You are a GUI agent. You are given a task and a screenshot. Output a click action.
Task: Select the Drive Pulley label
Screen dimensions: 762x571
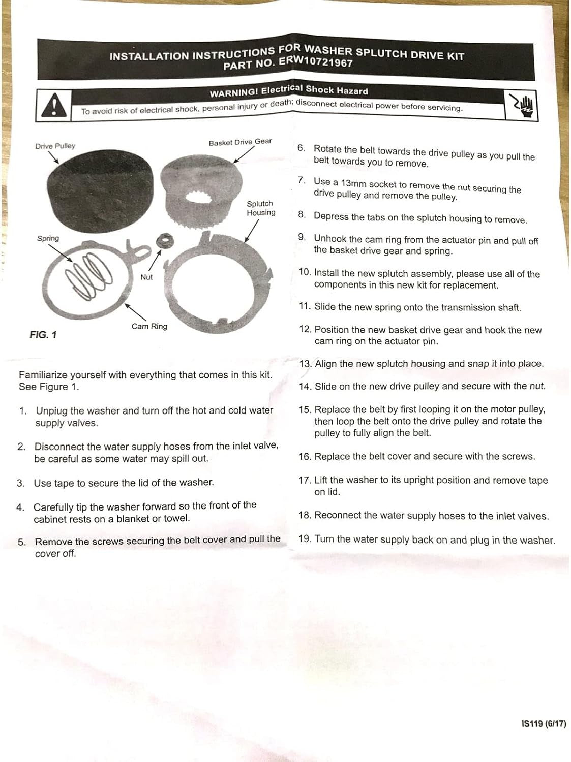(x=55, y=146)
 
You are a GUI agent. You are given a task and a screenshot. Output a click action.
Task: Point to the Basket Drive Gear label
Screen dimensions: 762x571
(x=240, y=142)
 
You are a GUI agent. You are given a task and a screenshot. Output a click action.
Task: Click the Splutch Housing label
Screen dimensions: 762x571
(x=261, y=208)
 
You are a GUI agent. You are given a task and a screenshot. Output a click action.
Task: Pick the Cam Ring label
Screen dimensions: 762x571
(x=149, y=326)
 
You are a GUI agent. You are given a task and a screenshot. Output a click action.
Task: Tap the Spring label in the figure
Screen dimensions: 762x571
(x=48, y=238)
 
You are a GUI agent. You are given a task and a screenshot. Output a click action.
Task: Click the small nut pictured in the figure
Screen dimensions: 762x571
(x=163, y=241)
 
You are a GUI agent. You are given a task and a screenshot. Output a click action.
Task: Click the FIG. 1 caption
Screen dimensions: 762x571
(x=43, y=335)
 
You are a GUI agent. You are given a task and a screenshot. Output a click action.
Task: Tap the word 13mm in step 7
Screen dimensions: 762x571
(x=352, y=184)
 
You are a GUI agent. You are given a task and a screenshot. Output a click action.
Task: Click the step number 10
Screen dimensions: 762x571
(x=305, y=272)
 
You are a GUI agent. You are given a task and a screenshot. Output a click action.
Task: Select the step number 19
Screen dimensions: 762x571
(x=305, y=539)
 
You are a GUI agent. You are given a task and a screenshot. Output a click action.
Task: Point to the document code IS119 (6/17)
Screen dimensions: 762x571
(x=543, y=724)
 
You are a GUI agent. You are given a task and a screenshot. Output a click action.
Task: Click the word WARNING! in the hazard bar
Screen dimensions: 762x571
(x=234, y=93)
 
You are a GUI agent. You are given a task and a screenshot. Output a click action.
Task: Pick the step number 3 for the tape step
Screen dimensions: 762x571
(x=20, y=483)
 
